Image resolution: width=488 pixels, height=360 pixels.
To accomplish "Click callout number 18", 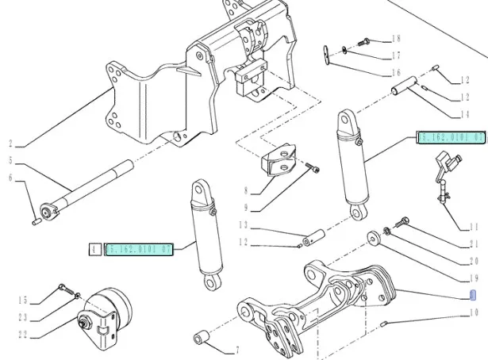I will [x=396, y=38].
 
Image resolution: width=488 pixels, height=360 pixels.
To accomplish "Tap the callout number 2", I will [x=11, y=145].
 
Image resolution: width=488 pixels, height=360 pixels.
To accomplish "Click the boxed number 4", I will [x=94, y=250].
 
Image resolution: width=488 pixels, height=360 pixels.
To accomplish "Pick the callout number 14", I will [x=465, y=114].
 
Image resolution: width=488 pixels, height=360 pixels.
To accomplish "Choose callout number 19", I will [x=475, y=278].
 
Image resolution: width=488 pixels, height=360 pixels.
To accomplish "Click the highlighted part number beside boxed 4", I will [x=140, y=250].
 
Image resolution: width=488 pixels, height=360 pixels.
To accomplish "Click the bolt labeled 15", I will [x=63, y=288].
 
